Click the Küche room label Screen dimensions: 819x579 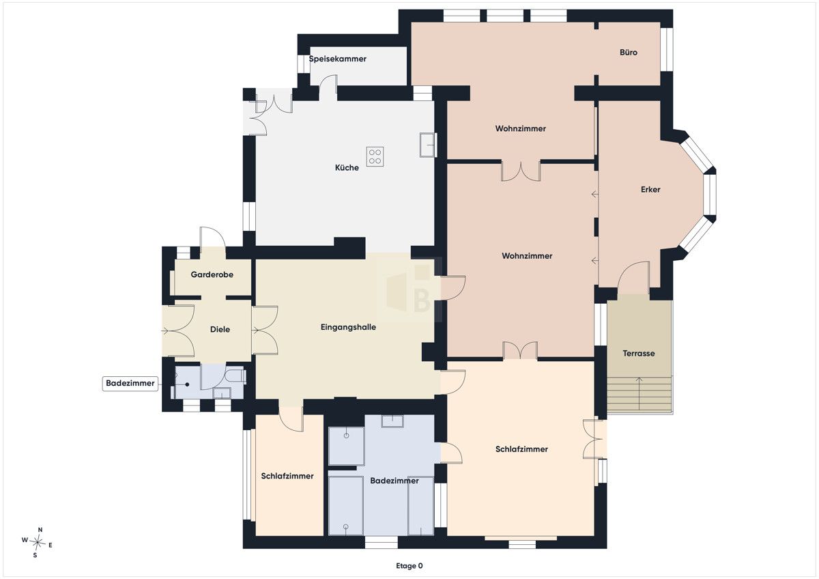[347, 168]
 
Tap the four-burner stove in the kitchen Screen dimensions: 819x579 [375, 156]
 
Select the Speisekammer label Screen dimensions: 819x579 [337, 59]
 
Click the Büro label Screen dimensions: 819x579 [629, 53]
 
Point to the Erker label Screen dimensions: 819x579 [650, 189]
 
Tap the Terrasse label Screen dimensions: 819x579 [638, 353]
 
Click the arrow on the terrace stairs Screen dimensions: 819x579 [639, 393]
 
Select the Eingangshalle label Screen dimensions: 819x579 [348, 327]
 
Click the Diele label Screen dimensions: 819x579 [220, 330]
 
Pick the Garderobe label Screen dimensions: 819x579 [212, 274]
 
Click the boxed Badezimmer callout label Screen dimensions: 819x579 [130, 383]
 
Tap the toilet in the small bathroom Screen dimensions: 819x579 [236, 376]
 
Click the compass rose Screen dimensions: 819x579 [37, 542]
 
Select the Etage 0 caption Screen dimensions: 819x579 [409, 566]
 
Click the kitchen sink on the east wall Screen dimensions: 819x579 [428, 145]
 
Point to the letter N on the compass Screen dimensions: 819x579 [40, 530]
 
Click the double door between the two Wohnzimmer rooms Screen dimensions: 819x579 [521, 171]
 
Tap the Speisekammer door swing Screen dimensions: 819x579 [328, 87]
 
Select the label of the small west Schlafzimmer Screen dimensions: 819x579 [287, 476]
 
